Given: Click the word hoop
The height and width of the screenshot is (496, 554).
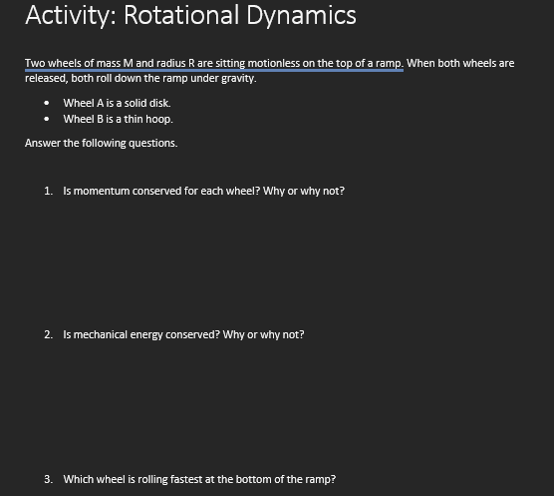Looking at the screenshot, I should click(158, 119).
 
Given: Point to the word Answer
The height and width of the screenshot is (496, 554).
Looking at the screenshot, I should click(41, 143).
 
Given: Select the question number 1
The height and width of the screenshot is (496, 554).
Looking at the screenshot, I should click(48, 190).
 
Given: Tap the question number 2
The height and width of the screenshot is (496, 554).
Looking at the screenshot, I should click(48, 334).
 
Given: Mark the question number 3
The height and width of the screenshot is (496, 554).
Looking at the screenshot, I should click(48, 479).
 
